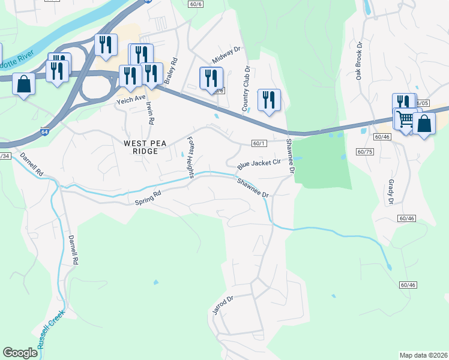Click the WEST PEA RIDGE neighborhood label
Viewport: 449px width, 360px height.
140,147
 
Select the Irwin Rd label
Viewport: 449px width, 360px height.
150,112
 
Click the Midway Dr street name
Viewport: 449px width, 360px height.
226,55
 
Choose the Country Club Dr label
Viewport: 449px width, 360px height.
246,93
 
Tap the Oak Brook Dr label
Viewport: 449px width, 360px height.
360,61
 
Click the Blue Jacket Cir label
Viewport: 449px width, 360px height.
259,163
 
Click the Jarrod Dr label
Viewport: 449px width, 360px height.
222,304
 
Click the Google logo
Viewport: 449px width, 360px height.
20,353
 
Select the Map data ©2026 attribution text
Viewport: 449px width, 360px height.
423,355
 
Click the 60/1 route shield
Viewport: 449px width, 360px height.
259,143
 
